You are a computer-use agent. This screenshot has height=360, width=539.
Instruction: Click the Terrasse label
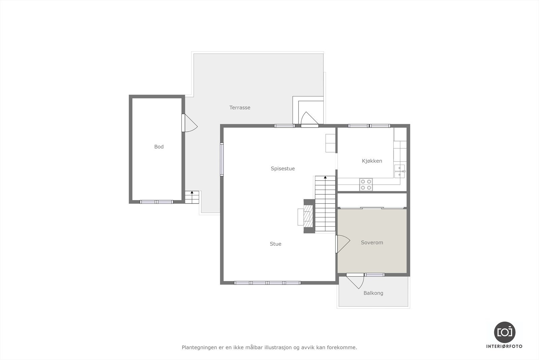tap(240, 108)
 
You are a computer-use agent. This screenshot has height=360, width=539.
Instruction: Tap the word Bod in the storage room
tap(159, 147)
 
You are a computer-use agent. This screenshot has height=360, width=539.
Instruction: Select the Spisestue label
tap(283, 169)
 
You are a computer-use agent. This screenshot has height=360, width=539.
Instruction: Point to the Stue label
tap(276, 244)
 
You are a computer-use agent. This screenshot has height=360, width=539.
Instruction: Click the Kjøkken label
tap(372, 161)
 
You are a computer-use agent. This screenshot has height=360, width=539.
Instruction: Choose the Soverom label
tap(372, 243)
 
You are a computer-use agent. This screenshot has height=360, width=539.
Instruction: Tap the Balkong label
tap(373, 293)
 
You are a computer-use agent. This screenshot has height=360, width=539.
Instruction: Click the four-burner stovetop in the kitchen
tap(366, 184)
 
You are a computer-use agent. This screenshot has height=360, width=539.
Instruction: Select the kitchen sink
tap(400, 171)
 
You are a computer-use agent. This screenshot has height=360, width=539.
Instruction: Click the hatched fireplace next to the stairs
tap(308, 216)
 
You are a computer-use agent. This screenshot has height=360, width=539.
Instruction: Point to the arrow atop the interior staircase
tap(325, 177)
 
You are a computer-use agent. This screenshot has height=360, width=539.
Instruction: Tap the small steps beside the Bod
tap(192, 197)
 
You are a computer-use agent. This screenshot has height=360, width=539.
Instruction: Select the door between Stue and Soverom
tap(342, 244)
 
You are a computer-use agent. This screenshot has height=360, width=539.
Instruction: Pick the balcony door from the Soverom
tap(356, 280)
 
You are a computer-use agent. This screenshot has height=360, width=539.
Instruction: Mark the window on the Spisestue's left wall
tap(222, 159)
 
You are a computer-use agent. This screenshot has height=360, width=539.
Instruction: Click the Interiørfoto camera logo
tap(504, 332)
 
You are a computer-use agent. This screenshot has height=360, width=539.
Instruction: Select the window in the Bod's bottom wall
tap(157, 202)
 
